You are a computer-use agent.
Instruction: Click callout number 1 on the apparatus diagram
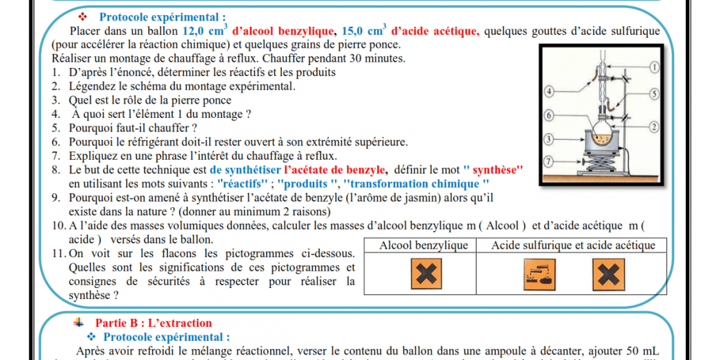653,67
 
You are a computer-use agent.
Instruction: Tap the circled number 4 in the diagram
549,91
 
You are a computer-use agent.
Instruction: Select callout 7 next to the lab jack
548,161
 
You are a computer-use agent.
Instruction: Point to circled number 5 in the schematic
653,93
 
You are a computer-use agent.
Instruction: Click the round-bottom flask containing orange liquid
605,137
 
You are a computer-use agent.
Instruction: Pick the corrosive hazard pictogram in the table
538,274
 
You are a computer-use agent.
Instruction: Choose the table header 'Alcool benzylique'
424,245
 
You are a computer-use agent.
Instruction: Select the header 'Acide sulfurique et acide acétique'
573,245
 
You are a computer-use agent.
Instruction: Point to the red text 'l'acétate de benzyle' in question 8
335,169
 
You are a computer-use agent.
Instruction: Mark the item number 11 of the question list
58,254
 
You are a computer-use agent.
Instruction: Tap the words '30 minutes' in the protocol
379,58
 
